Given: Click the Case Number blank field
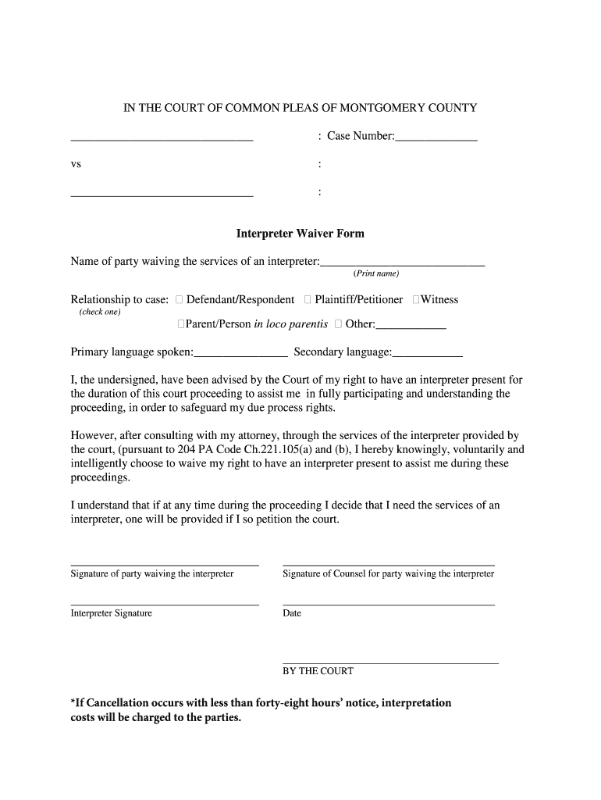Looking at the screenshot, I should coord(436,137).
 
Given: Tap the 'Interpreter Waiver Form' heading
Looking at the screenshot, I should coord(300,234).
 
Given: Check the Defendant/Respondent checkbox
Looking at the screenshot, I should coord(180,300).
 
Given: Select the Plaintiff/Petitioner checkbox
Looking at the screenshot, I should coord(308,300).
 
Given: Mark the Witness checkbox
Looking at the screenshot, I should coord(416,300).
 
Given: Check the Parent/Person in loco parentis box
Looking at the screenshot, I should coord(181,324).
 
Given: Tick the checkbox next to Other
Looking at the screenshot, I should coord(338,324).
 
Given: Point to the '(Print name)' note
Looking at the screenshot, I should coord(376,273).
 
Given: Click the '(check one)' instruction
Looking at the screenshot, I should coord(100,312).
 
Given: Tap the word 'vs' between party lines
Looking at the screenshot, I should coord(76,165).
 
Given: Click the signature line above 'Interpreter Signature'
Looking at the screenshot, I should coord(165,604).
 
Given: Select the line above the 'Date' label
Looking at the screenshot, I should coord(388,604).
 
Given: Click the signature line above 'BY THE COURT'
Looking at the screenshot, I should coord(389,662).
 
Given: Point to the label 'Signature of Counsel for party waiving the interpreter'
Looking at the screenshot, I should coord(388,573).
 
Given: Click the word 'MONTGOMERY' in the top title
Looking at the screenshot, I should coord(380,108).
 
